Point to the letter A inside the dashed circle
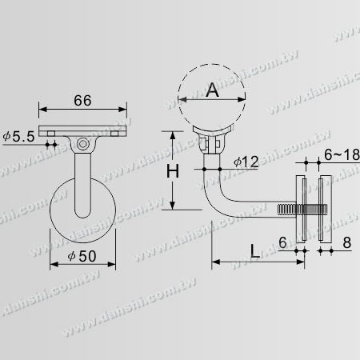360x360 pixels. pyautogui.click(x=212, y=90)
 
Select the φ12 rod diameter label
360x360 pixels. pyautogui.click(x=246, y=162)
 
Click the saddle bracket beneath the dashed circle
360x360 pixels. pyautogui.click(x=211, y=144)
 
